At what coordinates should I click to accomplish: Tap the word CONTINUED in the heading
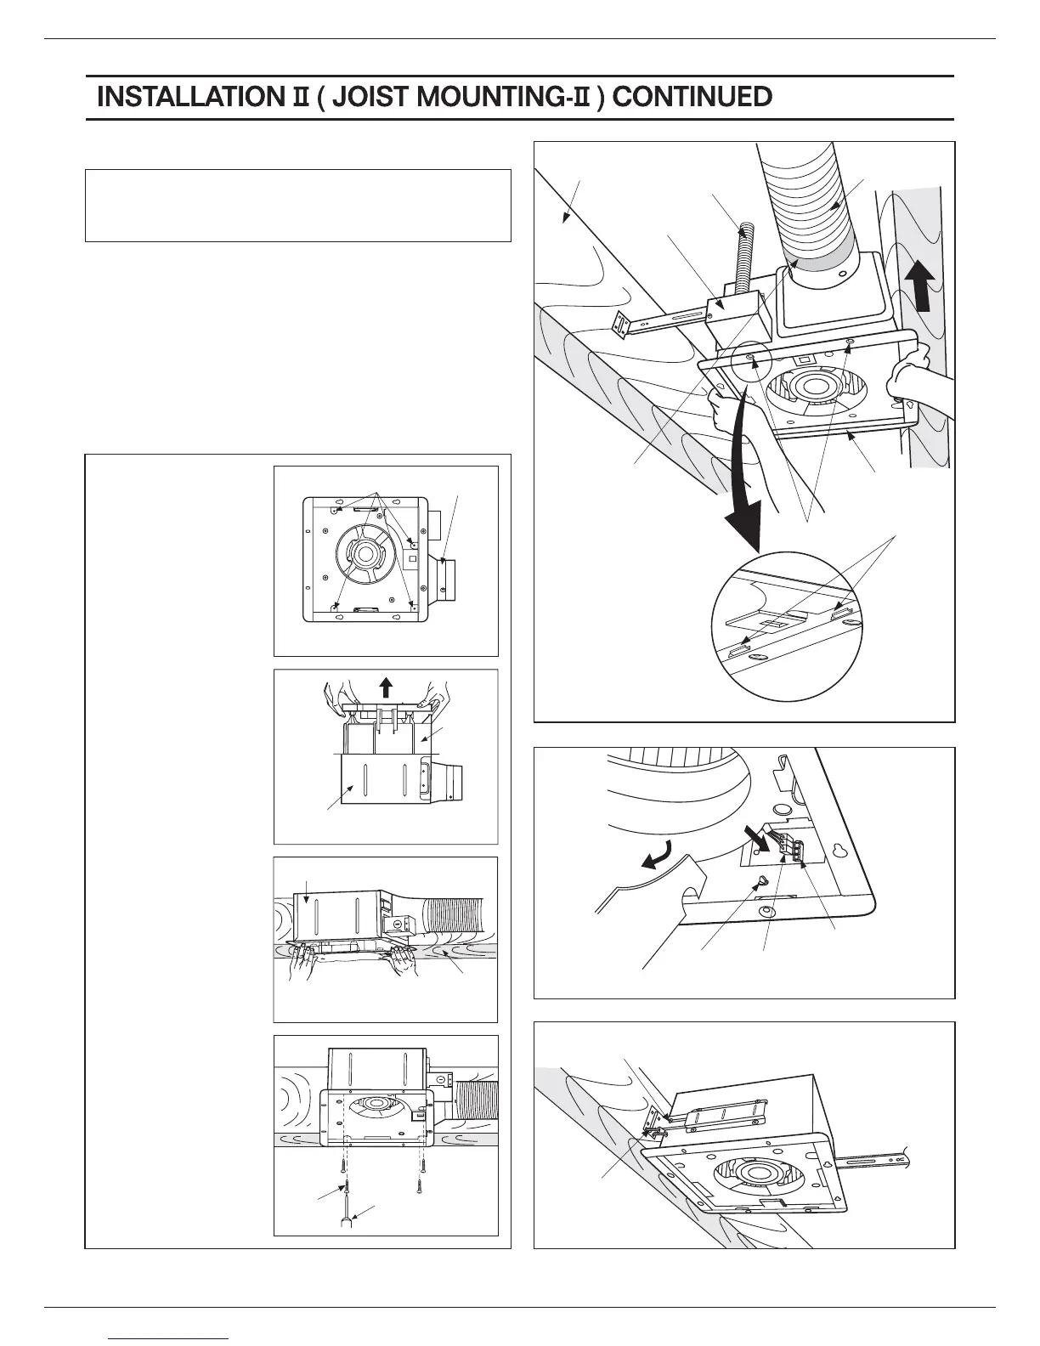[x=692, y=97]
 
